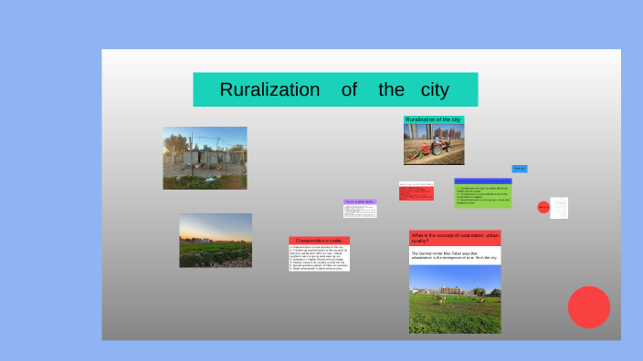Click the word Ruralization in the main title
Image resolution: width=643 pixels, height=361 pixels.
click(269, 90)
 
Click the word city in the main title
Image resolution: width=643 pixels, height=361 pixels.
click(436, 90)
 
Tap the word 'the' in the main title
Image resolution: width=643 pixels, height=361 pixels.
click(392, 90)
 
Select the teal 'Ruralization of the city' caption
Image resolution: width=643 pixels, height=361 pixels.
click(434, 120)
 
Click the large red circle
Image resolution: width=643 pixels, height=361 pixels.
click(589, 307)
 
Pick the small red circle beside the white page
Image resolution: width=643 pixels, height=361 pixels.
click(543, 208)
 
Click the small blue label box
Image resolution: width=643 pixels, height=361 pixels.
click(520, 169)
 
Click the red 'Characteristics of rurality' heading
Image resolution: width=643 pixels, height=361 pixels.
click(319, 241)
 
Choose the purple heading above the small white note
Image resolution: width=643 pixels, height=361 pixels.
click(360, 201)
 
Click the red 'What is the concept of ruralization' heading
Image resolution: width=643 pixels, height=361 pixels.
click(455, 238)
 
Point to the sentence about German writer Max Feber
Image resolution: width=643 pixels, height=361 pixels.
click(455, 256)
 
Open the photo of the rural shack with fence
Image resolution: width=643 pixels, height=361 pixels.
click(205, 158)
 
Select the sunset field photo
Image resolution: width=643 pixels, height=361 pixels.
click(216, 240)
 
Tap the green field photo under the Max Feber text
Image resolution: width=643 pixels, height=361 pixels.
click(455, 299)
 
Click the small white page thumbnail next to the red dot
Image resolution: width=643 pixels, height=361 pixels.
click(559, 208)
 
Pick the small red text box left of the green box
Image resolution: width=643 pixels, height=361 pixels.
click(416, 192)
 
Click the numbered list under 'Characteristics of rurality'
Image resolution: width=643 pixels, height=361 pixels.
click(319, 258)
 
